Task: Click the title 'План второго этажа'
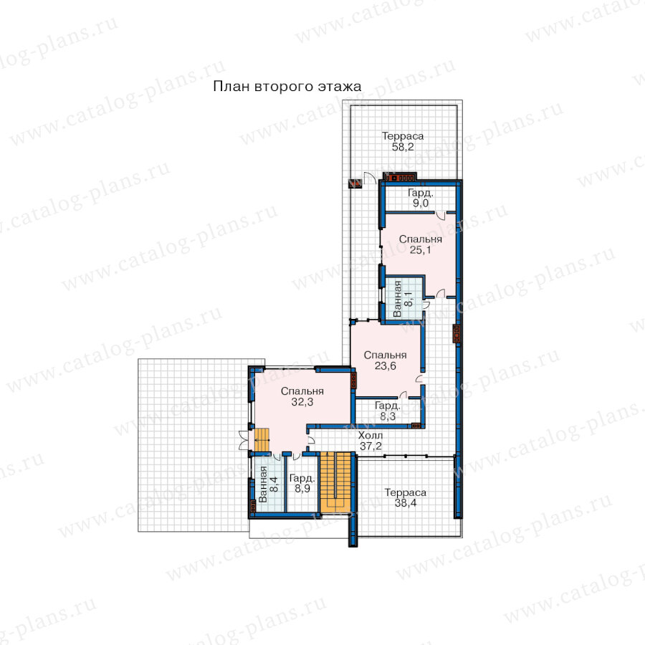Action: point(287,87)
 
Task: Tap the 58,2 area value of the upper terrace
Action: point(403,147)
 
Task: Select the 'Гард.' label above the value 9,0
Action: point(421,193)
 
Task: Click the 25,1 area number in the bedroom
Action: point(421,249)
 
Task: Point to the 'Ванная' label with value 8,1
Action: point(397,299)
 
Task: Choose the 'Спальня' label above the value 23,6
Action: point(385,355)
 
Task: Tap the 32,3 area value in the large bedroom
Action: point(302,402)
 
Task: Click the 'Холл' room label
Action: point(371,435)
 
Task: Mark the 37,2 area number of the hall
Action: point(371,446)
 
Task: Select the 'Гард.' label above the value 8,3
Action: point(388,406)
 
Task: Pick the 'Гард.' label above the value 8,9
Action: point(302,479)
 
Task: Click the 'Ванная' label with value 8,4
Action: point(262,484)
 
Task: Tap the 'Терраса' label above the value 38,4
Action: point(405,492)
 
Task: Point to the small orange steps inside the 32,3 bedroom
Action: point(262,440)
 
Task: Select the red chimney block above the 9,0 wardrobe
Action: point(400,177)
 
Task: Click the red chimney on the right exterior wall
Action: point(456,333)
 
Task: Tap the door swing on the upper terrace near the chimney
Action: point(369,178)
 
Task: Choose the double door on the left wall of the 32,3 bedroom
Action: point(244,441)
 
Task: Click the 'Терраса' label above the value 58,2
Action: point(403,136)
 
